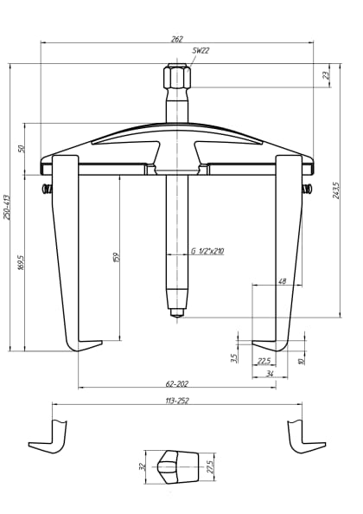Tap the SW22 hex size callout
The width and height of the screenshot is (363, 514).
pyautogui.click(x=201, y=51)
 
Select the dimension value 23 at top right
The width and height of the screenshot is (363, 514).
pyautogui.click(x=326, y=75)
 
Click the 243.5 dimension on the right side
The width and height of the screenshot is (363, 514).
pyautogui.click(x=335, y=191)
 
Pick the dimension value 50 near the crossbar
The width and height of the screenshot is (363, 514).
pyautogui.click(x=22, y=149)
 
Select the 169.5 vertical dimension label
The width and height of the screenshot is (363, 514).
pyautogui.click(x=21, y=261)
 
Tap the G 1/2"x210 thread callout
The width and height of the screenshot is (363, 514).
pyautogui.click(x=207, y=252)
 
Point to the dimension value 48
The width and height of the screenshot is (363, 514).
pyautogui.click(x=282, y=281)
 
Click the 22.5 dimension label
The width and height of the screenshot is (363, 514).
pyautogui.click(x=264, y=361)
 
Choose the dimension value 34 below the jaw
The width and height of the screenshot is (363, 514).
pyautogui.click(x=270, y=374)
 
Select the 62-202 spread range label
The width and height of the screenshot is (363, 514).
pyautogui.click(x=177, y=382)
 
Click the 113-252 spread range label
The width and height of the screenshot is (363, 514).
pyautogui.click(x=176, y=401)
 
